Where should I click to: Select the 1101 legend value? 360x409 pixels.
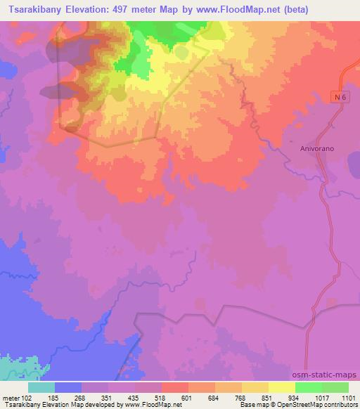[349, 397]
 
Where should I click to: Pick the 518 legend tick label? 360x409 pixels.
[162, 397]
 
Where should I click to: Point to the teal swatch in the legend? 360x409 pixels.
[41, 387]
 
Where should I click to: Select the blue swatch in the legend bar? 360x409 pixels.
[68, 387]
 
